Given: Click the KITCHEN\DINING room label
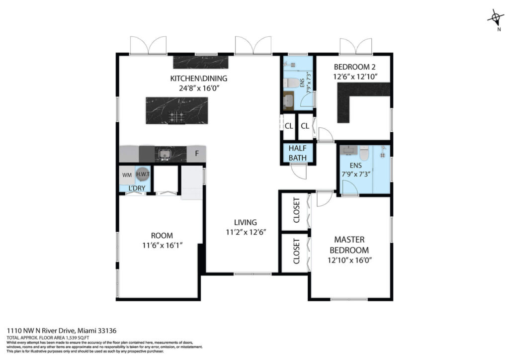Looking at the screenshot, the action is coord(199,78).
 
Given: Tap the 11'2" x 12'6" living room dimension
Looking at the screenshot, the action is coord(246,232).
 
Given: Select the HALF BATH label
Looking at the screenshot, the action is coord(298,153).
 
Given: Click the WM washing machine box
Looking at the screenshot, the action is coord(127,175).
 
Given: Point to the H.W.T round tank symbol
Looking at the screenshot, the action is coord(143,174).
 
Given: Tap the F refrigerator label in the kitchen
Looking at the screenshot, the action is coord(197,153).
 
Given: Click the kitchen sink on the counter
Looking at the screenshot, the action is coord(165,154).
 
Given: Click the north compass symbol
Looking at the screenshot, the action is coord(496,18).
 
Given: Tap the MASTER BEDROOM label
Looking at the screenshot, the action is coord(349,245).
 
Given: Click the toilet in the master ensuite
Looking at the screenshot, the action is coord(364,153).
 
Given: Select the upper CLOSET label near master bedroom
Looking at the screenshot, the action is coord(296,210).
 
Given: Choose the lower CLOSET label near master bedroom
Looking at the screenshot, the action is coord(296,251).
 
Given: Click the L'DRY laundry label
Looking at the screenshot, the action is coord(137,188).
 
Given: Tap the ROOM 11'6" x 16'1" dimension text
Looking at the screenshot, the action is coord(163,245).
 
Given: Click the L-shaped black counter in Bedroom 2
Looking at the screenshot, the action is coord(359,97).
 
